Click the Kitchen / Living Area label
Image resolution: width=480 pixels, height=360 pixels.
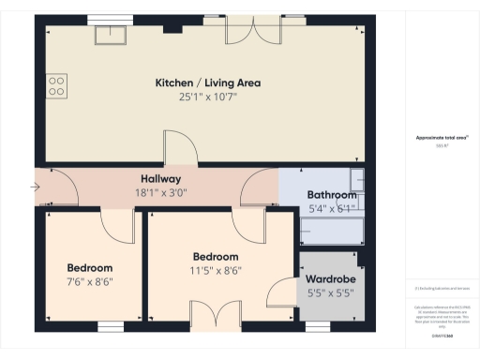coord(208,82)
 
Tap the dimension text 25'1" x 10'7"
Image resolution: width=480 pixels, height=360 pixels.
coord(208,97)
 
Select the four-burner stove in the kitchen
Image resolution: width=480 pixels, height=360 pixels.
coord(57,85)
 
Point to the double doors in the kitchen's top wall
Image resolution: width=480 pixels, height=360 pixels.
coord(253,28)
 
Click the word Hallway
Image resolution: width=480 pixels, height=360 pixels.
coord(160,179)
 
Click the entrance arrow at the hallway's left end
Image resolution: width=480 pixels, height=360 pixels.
coord(36,187)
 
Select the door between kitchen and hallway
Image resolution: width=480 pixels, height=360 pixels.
coord(178,150)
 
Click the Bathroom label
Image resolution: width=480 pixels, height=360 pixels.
coord(332,195)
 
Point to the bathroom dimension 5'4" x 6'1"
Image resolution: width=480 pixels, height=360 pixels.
coord(332,209)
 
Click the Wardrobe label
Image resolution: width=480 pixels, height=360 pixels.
coord(331,278)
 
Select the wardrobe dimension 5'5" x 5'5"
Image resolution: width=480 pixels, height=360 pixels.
coord(331,292)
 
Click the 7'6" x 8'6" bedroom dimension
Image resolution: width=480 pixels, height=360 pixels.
coord(89,281)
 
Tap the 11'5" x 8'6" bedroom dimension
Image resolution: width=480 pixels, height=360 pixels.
coord(216,271)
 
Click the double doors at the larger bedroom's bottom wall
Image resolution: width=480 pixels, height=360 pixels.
coord(209,315)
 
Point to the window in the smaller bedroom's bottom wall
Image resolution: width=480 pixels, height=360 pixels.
coord(112,326)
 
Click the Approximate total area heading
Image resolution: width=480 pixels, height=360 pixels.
coord(442,138)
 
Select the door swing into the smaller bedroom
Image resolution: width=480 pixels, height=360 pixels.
coord(117,225)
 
